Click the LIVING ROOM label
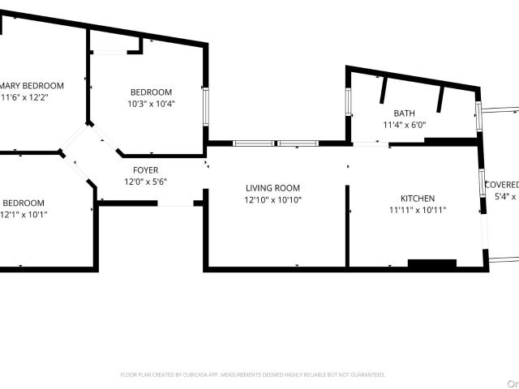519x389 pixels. (272, 188)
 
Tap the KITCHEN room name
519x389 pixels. (418, 199)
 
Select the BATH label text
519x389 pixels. (404, 113)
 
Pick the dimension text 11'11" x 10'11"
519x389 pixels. (418, 210)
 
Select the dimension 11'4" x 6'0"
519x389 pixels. (404, 125)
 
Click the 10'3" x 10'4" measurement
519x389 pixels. (151, 104)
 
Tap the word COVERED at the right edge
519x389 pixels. (501, 185)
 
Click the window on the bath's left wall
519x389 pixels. (349, 104)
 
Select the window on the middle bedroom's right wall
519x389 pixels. (206, 104)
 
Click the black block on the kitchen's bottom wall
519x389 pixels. (431, 263)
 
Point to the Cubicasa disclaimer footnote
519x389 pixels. (252, 375)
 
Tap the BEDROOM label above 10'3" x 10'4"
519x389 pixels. (151, 92)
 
